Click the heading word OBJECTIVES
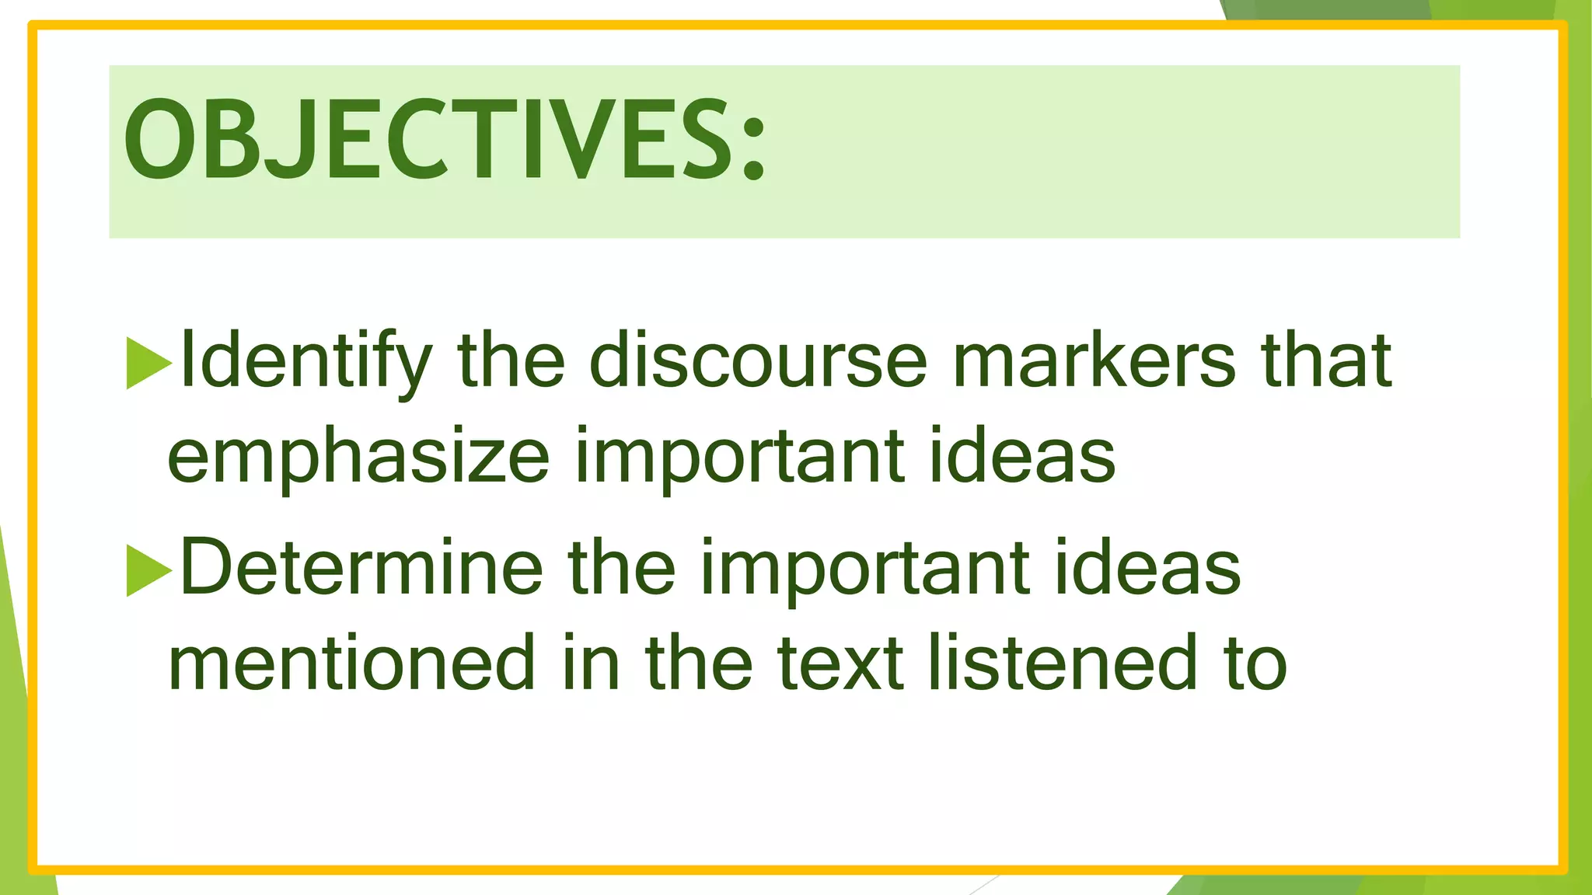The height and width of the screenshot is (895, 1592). pyautogui.click(x=428, y=140)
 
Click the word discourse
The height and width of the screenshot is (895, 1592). pyautogui.click(x=758, y=360)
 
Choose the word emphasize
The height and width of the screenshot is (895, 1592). pyautogui.click(x=358, y=458)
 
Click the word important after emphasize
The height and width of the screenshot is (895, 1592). pyautogui.click(x=739, y=458)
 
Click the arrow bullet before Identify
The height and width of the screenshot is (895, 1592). pyautogui.click(x=148, y=364)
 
